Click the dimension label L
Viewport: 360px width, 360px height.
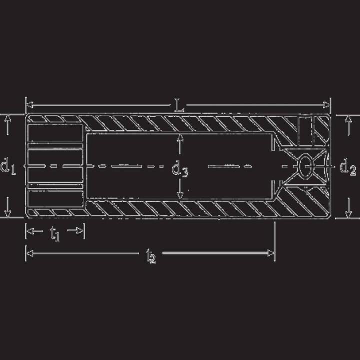pyautogui.click(x=179, y=105)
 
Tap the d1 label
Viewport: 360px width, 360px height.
pyautogui.click(x=8, y=166)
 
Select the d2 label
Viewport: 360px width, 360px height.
pyautogui.click(x=348, y=167)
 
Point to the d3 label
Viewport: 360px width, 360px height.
pyautogui.click(x=180, y=169)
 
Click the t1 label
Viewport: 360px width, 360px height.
pyautogui.click(x=55, y=233)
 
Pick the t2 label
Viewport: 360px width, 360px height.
pyautogui.click(x=151, y=256)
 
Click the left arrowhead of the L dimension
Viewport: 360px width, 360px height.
pyautogui.click(x=30, y=105)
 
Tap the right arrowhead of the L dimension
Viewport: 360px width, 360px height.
pyautogui.click(x=326, y=105)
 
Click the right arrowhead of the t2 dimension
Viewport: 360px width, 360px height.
pyautogui.click(x=271, y=253)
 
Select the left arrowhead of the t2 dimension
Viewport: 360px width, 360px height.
pyautogui.click(x=30, y=253)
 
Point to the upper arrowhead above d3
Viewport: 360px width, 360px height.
pyautogui.click(x=180, y=137)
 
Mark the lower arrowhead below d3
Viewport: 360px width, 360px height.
pyautogui.click(x=180, y=195)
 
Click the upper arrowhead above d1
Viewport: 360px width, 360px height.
pyautogui.click(x=8, y=118)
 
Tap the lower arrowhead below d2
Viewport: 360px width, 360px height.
pyautogui.click(x=349, y=214)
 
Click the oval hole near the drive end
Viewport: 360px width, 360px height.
pyautogui.click(x=306, y=166)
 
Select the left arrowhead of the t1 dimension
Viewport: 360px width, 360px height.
pyautogui.click(x=30, y=231)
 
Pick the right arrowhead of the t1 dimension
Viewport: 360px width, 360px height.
pyautogui.click(x=80, y=230)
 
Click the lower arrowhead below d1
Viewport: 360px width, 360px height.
pyautogui.click(x=8, y=213)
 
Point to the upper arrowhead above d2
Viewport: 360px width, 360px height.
pyautogui.click(x=349, y=120)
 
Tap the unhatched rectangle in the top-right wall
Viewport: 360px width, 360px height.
pyautogui.click(x=306, y=131)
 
